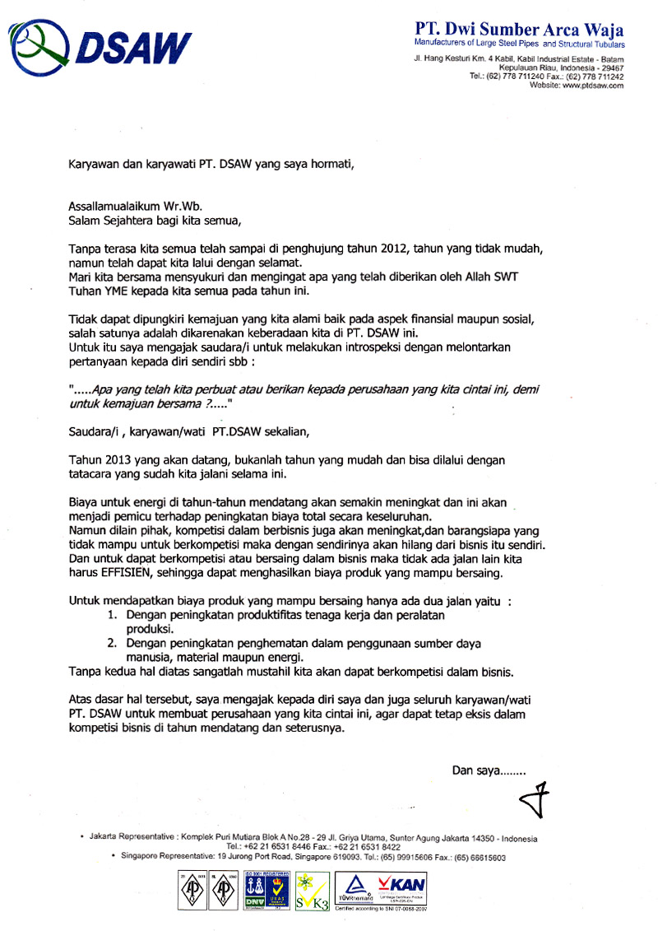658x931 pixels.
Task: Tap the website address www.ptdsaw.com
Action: [x=593, y=86]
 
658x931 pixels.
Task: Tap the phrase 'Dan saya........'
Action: [x=489, y=770]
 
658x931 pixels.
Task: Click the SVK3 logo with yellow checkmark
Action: [x=312, y=890]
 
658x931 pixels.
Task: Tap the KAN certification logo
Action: [x=401, y=885]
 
